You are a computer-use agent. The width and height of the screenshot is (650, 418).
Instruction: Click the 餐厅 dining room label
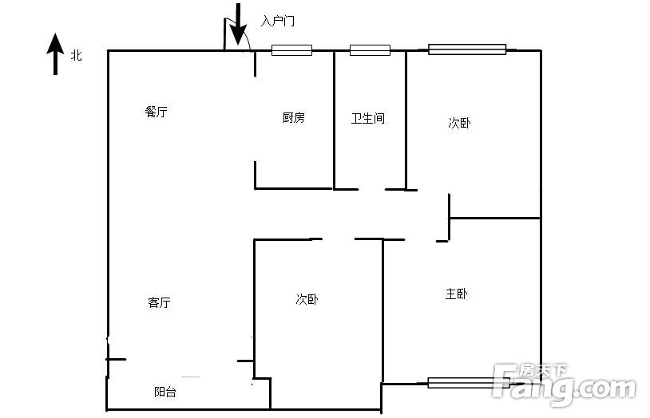tap(157, 112)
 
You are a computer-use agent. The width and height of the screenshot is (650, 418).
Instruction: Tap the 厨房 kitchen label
tap(294, 117)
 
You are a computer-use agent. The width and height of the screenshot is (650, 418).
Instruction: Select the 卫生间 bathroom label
tap(368, 119)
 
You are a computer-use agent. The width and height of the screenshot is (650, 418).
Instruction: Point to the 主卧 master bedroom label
tap(457, 294)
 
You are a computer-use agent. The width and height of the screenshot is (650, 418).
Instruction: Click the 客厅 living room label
tap(159, 302)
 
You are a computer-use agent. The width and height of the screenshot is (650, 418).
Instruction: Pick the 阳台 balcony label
tap(165, 392)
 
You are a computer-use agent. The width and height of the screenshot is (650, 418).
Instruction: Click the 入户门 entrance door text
tap(278, 21)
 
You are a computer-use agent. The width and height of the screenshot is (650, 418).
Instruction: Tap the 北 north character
tap(77, 55)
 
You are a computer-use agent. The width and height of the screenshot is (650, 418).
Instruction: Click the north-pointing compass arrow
tap(55, 54)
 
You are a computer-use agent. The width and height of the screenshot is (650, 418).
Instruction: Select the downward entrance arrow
tap(238, 24)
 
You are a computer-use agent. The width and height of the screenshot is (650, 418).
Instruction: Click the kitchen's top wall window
tap(291, 50)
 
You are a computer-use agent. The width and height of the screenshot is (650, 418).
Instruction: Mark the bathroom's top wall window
tap(370, 50)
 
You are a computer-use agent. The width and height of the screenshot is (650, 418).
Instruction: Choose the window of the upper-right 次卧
tap(467, 49)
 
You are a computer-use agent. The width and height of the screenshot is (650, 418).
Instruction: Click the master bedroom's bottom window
tap(469, 383)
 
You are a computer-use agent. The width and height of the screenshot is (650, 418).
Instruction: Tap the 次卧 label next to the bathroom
tap(460, 123)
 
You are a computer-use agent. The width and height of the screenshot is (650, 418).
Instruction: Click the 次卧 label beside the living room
tap(307, 299)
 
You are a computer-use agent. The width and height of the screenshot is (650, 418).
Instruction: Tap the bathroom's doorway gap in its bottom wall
tap(372, 190)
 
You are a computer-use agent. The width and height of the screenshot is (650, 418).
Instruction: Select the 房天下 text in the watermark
tap(543, 371)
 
